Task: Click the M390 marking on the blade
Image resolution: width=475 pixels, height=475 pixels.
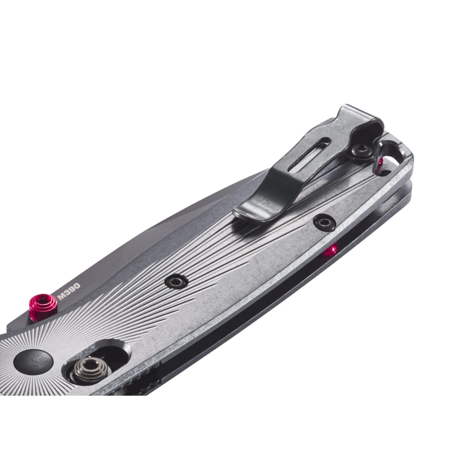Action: point(69,290)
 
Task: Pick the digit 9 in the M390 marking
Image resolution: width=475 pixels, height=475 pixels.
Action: point(72,288)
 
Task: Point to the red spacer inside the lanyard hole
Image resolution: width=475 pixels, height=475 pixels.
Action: point(380,164)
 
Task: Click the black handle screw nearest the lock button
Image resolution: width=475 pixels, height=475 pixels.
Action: point(176,282)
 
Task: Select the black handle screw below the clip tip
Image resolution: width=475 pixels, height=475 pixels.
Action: point(324,221)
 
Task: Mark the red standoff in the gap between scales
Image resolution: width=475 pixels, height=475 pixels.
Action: point(330,250)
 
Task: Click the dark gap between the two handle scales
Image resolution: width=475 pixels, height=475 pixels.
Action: point(266,309)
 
